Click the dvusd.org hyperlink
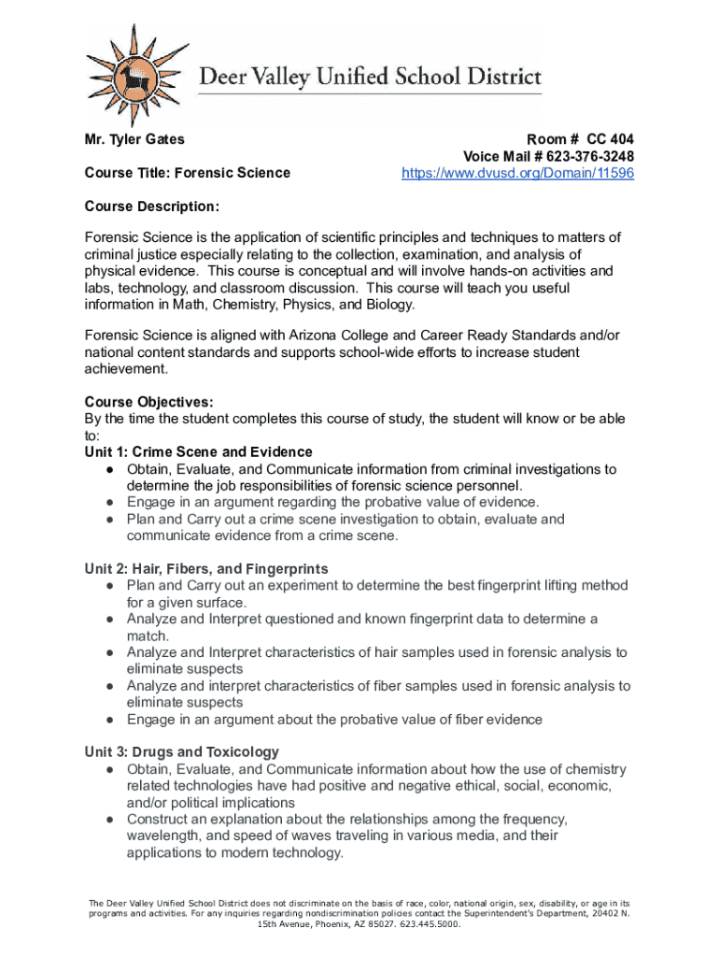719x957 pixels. pyautogui.click(x=517, y=173)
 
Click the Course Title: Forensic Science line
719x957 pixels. pyautogui.click(x=187, y=173)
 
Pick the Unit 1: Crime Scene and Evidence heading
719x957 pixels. pyautogui.click(x=198, y=452)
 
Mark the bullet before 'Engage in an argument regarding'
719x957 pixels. pyautogui.click(x=109, y=503)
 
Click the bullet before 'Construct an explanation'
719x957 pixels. pyautogui.click(x=109, y=820)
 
